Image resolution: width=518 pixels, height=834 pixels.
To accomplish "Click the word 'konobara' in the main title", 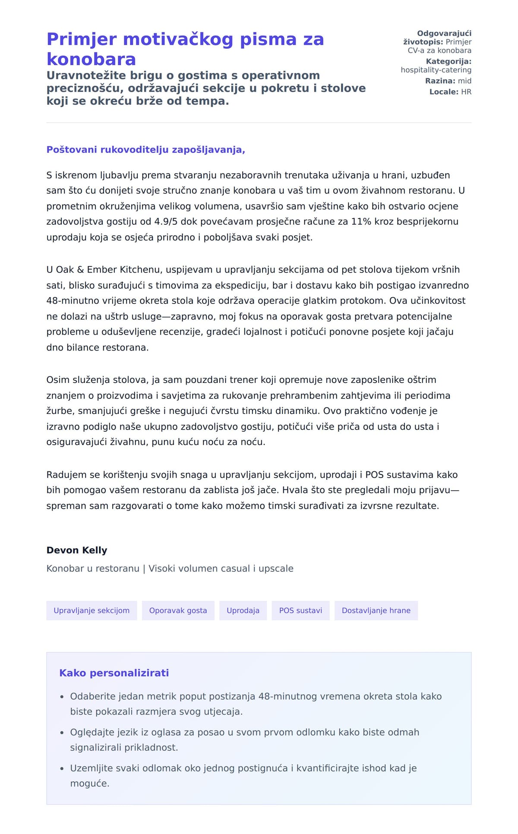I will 91,59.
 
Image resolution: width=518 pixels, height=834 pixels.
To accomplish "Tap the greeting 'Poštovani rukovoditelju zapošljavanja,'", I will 145,150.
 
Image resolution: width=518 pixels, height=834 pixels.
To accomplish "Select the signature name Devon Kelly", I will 77,550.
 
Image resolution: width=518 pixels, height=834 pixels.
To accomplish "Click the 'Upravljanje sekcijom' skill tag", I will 92,611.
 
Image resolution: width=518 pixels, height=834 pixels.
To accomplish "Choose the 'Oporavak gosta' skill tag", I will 178,611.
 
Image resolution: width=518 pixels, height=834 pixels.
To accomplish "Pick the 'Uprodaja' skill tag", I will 243,611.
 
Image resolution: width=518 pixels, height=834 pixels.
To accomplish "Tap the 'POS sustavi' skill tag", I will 300,611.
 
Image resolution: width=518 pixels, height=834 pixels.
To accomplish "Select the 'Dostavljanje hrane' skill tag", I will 376,611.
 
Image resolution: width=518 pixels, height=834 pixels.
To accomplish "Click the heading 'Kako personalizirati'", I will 114,673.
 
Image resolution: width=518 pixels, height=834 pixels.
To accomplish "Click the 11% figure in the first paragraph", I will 360,222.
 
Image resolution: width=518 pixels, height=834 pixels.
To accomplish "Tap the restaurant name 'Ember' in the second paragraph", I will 102,270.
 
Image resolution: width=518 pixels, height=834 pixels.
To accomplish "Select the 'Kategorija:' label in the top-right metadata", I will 449,62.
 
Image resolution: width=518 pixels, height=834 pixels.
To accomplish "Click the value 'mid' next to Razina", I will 464,81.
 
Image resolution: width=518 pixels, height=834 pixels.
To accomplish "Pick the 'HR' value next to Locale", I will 466,92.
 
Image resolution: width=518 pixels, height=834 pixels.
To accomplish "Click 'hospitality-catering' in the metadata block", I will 436,70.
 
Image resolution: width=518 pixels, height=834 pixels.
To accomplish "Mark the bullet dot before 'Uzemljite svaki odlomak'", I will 62,768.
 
